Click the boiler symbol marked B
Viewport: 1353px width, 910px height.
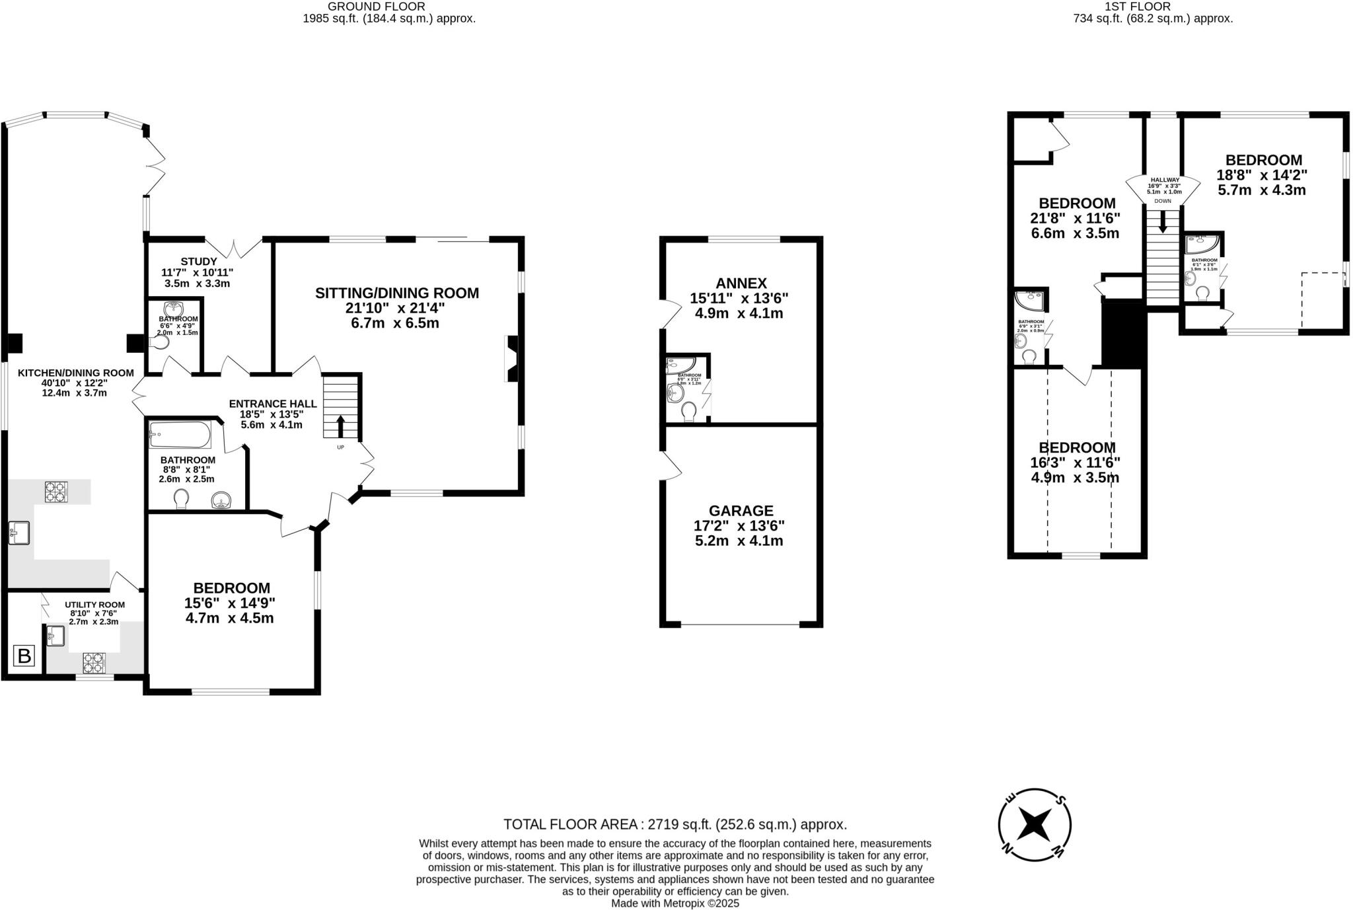24,656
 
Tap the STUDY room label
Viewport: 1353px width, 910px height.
198,262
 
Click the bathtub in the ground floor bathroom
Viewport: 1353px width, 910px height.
180,435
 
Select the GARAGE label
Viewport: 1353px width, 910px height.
741,511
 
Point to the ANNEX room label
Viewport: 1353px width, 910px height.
740,283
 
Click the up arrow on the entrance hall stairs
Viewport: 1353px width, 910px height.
341,426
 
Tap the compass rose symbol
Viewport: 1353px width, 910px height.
1034,825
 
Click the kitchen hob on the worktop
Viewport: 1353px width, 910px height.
56,492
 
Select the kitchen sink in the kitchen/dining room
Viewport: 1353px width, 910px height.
19,533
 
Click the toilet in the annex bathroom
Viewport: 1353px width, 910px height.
689,412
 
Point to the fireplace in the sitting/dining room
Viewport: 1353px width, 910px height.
512,358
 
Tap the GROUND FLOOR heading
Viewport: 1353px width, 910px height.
376,7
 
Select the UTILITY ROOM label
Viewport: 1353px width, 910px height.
94,605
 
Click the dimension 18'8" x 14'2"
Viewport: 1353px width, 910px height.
1262,175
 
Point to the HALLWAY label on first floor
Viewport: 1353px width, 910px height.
1165,180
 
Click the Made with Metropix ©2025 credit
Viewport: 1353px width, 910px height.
675,903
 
